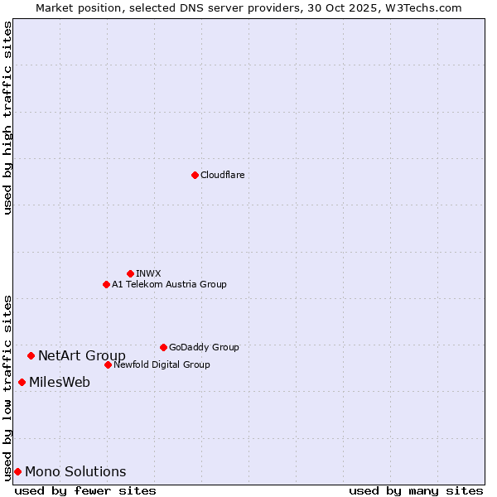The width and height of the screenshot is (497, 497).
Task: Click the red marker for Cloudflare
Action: [195, 175]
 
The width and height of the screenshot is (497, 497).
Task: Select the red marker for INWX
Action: [130, 273]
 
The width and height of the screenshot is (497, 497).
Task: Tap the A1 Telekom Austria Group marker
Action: [106, 284]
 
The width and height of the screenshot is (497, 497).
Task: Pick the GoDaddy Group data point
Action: [163, 347]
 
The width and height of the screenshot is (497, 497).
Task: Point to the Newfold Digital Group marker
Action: [108, 364]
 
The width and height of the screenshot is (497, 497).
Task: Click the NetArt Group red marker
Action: [31, 355]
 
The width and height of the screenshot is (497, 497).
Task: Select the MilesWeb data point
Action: [22, 382]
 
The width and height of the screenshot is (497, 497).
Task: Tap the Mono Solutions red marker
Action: [17, 471]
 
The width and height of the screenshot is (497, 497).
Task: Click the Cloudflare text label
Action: [222, 175]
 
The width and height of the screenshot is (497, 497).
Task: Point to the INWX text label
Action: [148, 273]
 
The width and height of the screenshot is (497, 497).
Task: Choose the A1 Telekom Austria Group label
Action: [169, 284]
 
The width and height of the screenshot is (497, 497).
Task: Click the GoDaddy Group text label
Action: [204, 347]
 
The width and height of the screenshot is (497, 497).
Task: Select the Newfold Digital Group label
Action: [162, 364]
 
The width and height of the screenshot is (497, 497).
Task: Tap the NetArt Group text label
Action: [82, 356]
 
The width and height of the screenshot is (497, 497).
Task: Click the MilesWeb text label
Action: [60, 383]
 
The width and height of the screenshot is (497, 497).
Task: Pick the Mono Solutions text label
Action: [75, 472]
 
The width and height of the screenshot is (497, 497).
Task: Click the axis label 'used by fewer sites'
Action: [85, 490]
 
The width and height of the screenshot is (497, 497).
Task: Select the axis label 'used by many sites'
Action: [416, 490]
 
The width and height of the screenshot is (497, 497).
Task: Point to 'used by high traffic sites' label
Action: [8, 118]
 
